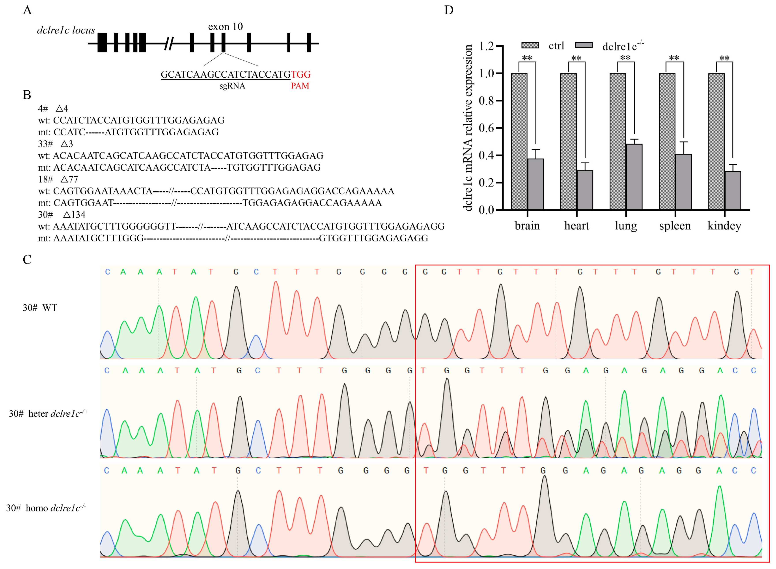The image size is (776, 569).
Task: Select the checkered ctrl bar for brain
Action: coord(519,141)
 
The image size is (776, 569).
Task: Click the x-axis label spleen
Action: coord(675,226)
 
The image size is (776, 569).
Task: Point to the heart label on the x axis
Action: coord(576,226)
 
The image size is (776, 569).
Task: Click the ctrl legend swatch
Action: coord(530,45)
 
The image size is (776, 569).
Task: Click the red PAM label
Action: coord(300,86)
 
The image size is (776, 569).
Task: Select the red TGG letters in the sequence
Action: coord(301,74)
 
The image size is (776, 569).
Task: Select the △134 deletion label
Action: coord(74,215)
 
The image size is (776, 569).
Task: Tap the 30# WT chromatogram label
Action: coord(40,308)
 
